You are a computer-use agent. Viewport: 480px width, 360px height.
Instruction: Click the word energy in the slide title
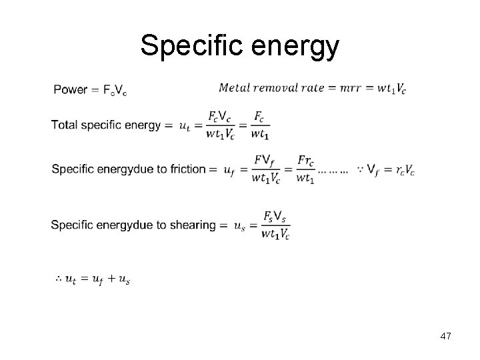click(x=300, y=48)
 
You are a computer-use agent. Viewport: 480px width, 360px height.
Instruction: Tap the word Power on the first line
click(x=70, y=90)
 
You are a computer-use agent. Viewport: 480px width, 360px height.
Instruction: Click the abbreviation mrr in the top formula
click(x=349, y=89)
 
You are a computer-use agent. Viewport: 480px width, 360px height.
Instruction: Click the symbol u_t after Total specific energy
click(x=186, y=125)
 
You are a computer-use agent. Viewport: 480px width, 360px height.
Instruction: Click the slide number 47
click(x=445, y=337)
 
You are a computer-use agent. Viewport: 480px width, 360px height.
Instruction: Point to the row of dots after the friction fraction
click(x=333, y=171)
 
